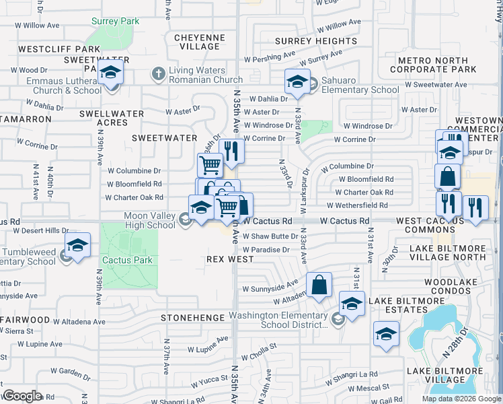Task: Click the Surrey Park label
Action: click(x=116, y=21)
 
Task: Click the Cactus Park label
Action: click(x=127, y=260)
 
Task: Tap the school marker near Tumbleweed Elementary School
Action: click(x=77, y=246)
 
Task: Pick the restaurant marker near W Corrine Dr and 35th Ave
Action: click(x=231, y=152)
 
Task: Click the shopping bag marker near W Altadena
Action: click(x=319, y=285)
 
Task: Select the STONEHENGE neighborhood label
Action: click(x=192, y=316)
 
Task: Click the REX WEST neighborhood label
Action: click(x=230, y=259)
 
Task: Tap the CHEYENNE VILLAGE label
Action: click(x=200, y=42)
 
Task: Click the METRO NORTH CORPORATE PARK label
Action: click(x=433, y=65)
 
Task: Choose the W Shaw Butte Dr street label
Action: click(x=270, y=236)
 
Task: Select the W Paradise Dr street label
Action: click(x=266, y=249)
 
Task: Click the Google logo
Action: click(x=22, y=396)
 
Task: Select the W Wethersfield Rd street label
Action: click(x=360, y=205)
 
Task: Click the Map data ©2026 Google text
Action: click(x=461, y=399)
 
